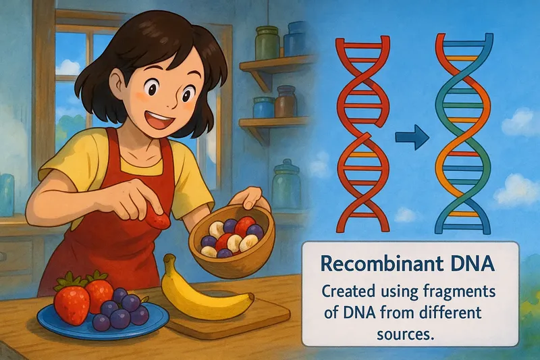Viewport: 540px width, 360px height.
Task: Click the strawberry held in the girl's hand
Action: pyautogui.click(x=159, y=221)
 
